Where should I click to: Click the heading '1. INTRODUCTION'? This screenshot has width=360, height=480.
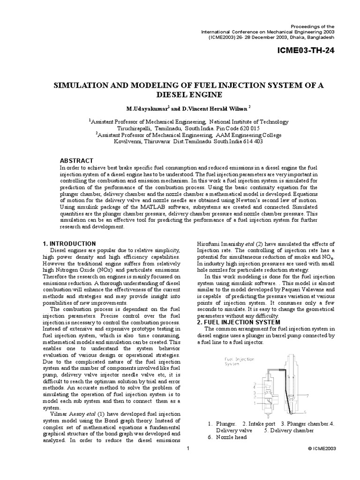coord(69,244)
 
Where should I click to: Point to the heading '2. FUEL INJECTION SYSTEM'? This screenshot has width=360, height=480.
coord(239,322)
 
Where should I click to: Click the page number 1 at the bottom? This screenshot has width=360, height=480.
coord(187,449)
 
